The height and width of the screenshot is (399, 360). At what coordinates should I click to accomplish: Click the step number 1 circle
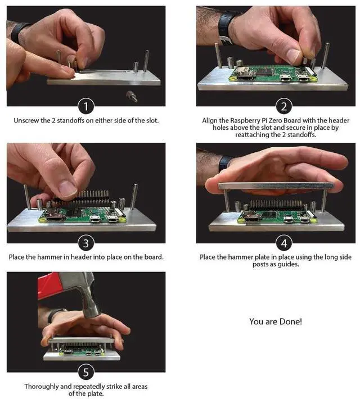click(x=86, y=106)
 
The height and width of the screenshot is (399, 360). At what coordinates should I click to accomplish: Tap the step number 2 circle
click(x=284, y=106)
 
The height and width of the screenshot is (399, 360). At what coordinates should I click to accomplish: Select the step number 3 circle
click(x=86, y=243)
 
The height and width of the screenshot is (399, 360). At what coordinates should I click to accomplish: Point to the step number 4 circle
click(x=284, y=243)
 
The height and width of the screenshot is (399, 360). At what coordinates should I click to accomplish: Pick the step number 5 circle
click(x=86, y=372)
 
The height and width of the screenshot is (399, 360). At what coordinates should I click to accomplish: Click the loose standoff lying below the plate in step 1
click(x=132, y=97)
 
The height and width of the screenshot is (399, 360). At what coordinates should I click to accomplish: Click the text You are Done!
click(x=276, y=321)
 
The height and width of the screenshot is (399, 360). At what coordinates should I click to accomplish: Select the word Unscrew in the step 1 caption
click(x=26, y=120)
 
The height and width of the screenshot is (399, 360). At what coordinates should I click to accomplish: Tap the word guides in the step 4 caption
click(x=288, y=264)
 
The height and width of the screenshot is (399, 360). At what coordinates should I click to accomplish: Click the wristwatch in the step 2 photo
click(x=226, y=28)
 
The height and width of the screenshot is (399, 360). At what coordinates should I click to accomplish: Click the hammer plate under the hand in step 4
click(x=276, y=185)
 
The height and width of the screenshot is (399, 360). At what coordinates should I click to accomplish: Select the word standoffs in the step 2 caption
click(x=301, y=135)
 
